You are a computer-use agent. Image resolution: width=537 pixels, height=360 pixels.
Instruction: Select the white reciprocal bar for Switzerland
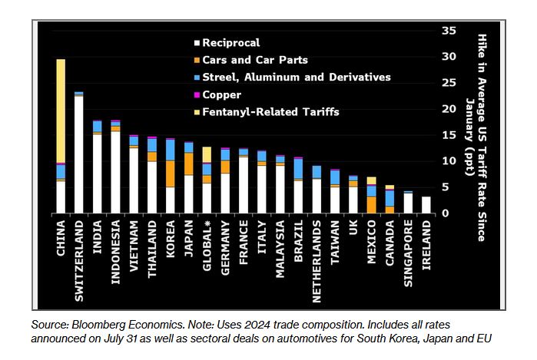(78, 154)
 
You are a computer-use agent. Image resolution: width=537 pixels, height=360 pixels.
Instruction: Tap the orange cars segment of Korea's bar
(170, 173)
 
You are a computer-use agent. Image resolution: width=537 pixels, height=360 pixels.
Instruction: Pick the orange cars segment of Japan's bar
(188, 163)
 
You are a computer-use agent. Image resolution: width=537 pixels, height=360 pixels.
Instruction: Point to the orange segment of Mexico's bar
(371, 204)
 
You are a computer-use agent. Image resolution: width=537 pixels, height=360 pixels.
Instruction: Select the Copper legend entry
(221, 94)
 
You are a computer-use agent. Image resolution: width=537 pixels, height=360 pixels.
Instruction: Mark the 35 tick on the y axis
(449, 31)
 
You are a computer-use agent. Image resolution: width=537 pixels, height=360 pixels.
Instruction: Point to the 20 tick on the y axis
(449, 109)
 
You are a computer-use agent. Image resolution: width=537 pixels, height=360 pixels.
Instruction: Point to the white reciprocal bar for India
(97, 173)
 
